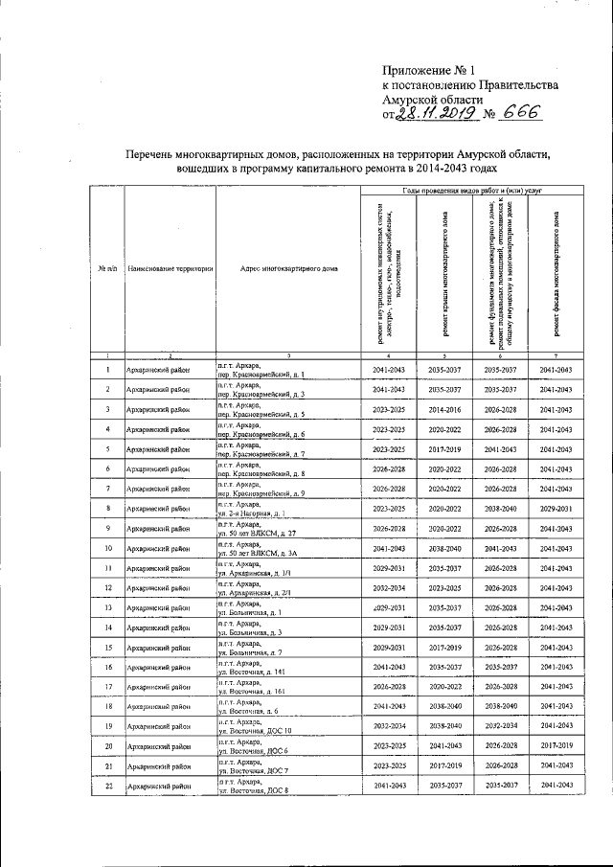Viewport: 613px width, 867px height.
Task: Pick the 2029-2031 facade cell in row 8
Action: pyautogui.click(x=556, y=509)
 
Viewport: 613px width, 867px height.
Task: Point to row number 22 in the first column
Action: pyautogui.click(x=108, y=786)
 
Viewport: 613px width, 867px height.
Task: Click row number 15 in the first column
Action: pyautogui.click(x=108, y=648)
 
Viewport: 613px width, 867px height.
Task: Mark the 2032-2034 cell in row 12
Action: pyautogui.click(x=392, y=588)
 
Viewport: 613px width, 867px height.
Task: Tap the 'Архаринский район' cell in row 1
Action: pyautogui.click(x=158, y=370)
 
